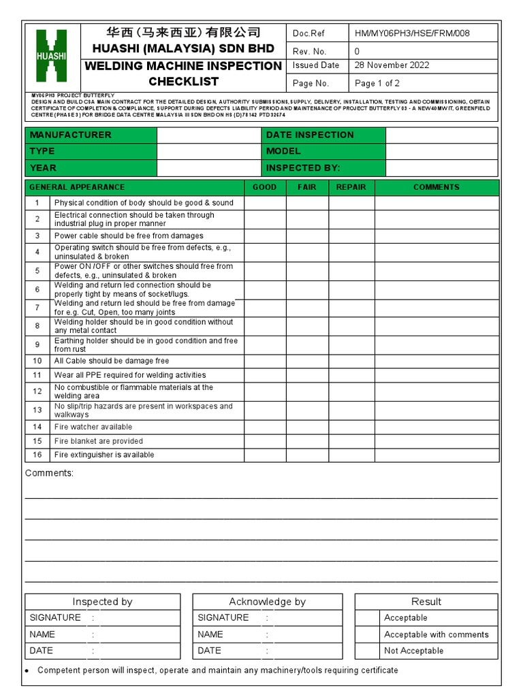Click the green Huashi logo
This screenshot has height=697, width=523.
52,57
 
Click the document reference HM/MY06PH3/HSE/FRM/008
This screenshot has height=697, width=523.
412,33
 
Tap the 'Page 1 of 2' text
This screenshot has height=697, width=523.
377,83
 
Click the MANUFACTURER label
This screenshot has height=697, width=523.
71,135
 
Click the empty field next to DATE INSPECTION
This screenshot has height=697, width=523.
442,135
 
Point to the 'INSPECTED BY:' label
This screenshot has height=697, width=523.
303,167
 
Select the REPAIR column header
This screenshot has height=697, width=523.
351,187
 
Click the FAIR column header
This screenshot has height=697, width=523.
307,187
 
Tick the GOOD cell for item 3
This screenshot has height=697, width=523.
265,236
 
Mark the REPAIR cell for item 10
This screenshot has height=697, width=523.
351,361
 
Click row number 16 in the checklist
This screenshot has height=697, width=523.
37,455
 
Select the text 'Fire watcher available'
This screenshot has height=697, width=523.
93,427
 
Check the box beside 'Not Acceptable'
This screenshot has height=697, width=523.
368,651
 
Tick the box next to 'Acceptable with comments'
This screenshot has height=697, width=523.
368,634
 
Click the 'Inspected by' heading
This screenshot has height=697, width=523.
102,602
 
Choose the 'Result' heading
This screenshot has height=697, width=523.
426,602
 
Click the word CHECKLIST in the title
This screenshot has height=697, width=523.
184,82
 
